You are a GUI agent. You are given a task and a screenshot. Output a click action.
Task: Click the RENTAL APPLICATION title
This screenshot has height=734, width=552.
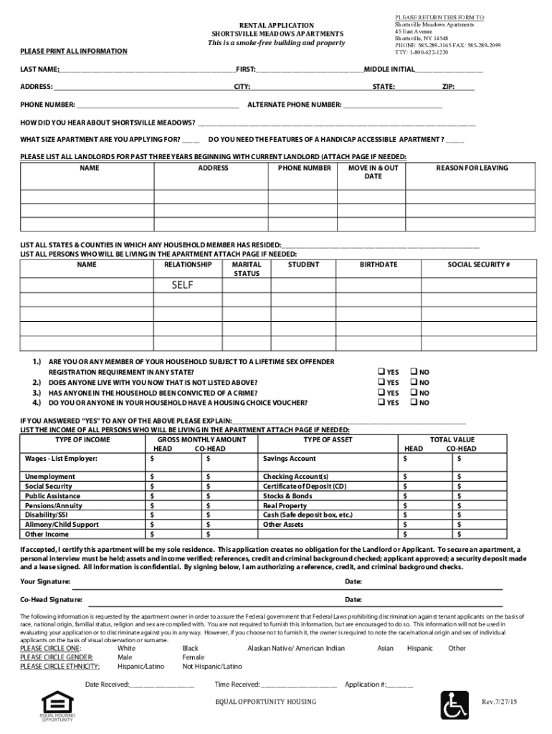pyautogui.click(x=277, y=25)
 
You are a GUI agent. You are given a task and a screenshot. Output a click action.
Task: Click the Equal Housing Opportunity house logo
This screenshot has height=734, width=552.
pyautogui.click(x=56, y=703)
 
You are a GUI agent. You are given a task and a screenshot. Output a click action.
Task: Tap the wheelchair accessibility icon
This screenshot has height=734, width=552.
pyautogui.click(x=454, y=705)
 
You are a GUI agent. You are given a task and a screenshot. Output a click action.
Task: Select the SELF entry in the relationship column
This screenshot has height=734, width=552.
pyautogui.click(x=182, y=285)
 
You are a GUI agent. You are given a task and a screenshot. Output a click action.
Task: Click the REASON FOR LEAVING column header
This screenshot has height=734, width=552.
pyautogui.click(x=472, y=168)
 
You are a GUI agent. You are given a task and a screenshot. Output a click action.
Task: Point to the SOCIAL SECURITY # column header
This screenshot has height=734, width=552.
pyautogui.click(x=478, y=264)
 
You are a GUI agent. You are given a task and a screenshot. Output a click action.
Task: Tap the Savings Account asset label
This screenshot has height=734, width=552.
pyautogui.click(x=289, y=458)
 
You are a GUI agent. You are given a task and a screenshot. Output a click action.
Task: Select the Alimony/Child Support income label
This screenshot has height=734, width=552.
pyautogui.click(x=62, y=524)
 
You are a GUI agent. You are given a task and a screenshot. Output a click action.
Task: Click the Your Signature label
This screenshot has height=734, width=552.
pyautogui.click(x=45, y=581)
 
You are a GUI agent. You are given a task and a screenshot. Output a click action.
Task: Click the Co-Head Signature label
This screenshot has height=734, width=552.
pyautogui.click(x=51, y=599)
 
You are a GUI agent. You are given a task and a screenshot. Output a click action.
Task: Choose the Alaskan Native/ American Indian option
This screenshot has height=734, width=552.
pyautogui.click(x=295, y=648)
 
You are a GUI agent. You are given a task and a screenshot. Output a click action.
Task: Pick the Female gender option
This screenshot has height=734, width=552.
pyautogui.click(x=193, y=657)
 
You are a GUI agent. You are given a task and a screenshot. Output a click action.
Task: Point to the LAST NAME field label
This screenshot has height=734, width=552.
pyautogui.click(x=39, y=69)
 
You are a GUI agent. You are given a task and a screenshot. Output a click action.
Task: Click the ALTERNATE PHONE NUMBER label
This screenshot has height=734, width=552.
pyautogui.click(x=294, y=105)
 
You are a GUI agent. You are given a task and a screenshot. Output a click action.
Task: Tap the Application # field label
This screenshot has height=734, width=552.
pyautogui.click(x=366, y=685)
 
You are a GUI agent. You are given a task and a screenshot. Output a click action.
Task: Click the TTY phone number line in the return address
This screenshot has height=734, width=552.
pyautogui.click(x=421, y=52)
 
